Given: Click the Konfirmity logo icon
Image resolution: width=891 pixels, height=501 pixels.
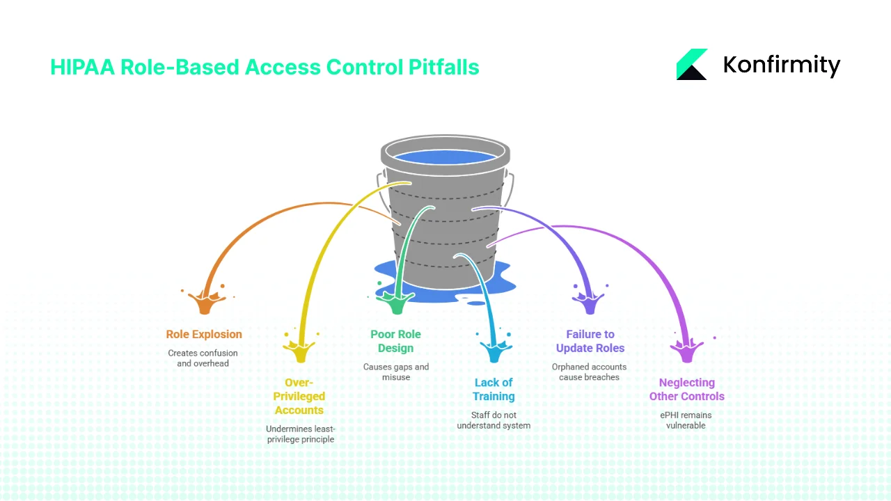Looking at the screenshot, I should click(691, 65).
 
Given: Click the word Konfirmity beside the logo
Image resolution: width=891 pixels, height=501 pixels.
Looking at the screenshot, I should click(781, 65).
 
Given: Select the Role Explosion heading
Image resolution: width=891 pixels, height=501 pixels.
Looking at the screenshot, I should click(203, 334).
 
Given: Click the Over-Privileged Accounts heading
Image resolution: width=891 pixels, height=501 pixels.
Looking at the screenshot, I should click(299, 397).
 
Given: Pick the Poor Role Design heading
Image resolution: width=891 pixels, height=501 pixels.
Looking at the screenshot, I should click(395, 341).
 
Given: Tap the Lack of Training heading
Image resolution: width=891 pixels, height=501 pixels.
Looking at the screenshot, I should click(494, 390).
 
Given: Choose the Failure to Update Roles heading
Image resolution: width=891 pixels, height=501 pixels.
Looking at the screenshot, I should click(590, 341).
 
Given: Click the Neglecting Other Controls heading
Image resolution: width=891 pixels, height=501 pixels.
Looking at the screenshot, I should click(686, 390).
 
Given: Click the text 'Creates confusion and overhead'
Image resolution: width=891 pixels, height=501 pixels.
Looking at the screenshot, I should click(203, 358).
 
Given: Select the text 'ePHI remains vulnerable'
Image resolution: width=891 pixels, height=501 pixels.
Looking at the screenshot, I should click(686, 420).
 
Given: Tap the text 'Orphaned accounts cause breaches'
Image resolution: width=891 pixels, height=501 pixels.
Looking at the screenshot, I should click(589, 372).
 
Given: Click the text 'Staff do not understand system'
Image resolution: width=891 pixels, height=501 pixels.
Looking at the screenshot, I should click(494, 420).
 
